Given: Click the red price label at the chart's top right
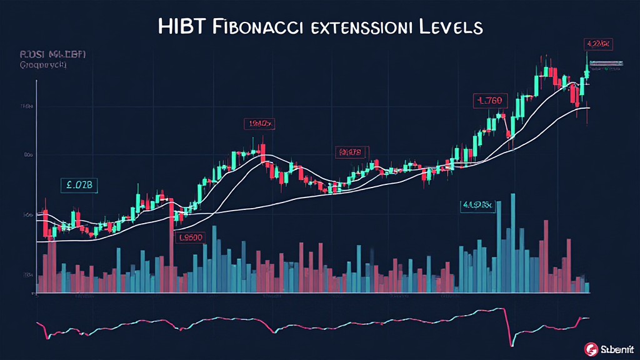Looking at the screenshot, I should click(x=598, y=44).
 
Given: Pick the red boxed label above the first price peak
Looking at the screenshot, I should click(x=258, y=124).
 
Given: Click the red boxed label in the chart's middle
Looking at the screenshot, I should click(x=351, y=152).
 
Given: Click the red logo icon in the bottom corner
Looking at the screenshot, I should click(x=588, y=348).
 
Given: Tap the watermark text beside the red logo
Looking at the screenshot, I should click(x=614, y=348).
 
